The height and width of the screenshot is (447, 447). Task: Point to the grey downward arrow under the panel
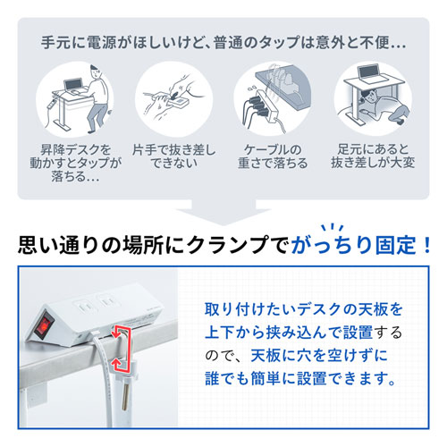point(223,210)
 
